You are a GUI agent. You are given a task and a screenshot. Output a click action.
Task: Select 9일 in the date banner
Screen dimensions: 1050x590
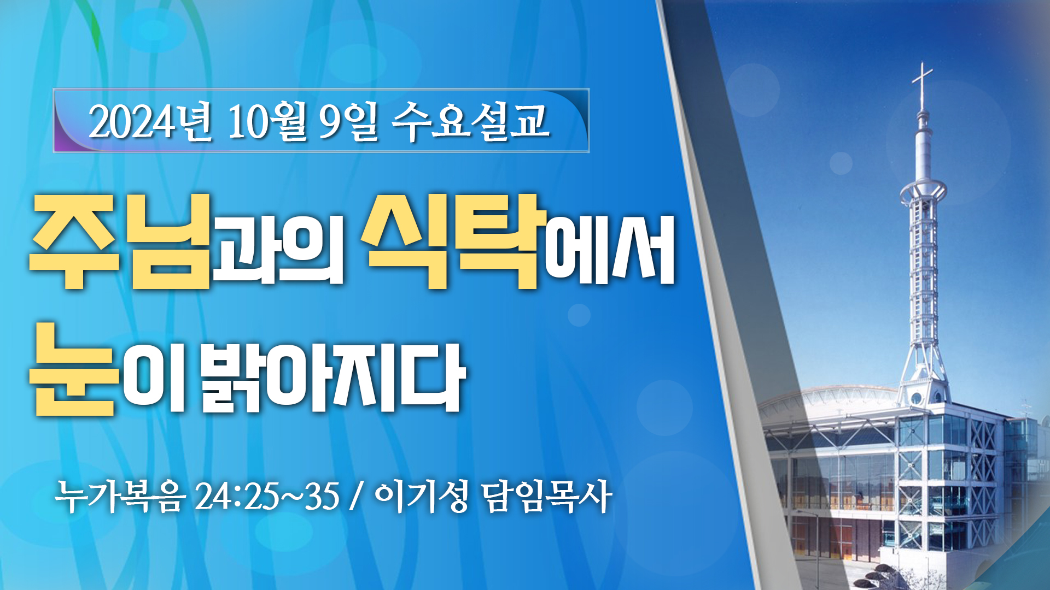point(348,122)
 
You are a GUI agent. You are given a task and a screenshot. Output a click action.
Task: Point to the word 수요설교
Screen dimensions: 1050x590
point(470,121)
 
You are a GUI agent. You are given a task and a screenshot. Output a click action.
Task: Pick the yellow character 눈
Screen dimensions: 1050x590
point(74,369)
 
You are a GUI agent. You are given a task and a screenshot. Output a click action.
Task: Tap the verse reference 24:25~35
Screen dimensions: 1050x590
point(267,497)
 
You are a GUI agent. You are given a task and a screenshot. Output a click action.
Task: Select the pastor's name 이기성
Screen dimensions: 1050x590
point(421,497)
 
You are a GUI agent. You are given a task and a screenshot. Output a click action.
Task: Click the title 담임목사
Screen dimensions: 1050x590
point(546,497)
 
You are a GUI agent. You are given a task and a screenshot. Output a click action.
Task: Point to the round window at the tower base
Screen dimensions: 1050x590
point(916,398)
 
